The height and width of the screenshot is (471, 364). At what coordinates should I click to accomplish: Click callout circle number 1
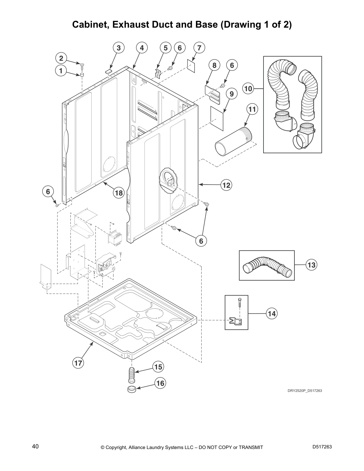(x=61, y=71)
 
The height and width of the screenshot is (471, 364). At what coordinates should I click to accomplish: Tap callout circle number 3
(x=118, y=48)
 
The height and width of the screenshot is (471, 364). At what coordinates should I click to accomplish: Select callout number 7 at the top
(x=199, y=48)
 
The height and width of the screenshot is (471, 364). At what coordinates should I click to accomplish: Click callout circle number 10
(x=248, y=88)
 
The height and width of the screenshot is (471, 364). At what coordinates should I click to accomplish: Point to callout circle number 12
(x=226, y=185)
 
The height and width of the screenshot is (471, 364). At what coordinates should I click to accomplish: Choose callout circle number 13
(x=311, y=265)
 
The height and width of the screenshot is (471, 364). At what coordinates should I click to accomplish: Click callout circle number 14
(x=272, y=313)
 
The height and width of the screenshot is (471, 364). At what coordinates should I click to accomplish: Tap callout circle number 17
(x=78, y=363)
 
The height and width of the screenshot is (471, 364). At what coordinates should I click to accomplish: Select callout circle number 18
(x=118, y=193)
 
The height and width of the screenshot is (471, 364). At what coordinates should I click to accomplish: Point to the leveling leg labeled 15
(x=131, y=376)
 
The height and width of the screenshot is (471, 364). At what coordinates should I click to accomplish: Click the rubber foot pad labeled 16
(x=131, y=390)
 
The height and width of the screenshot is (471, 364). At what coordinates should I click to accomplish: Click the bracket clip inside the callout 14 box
(x=236, y=321)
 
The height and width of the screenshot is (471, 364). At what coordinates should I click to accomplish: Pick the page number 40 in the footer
(x=35, y=446)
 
